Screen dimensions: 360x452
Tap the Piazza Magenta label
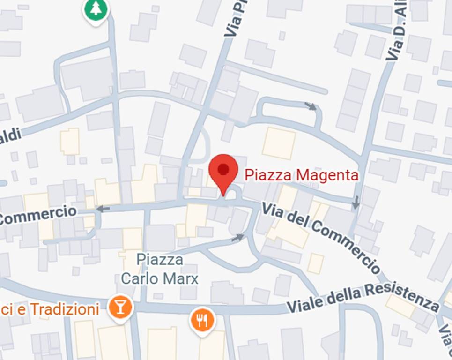pyautogui.click(x=302, y=175)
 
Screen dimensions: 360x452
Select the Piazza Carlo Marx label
pyautogui.click(x=160, y=269)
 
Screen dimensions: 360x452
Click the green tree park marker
pyautogui.click(x=96, y=9)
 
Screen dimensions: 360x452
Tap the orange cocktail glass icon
pyautogui.click(x=120, y=307)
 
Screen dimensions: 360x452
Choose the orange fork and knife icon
pyautogui.click(x=202, y=320)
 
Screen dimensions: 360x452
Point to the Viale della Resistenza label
pyautogui.click(x=363, y=299)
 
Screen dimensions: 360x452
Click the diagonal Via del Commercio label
pyautogui.click(x=321, y=237)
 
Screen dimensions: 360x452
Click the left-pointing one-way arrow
pyautogui.click(x=103, y=209)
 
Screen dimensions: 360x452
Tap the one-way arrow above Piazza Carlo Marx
pyautogui.click(x=238, y=238)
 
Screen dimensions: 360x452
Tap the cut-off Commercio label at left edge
pyautogui.click(x=37, y=215)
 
